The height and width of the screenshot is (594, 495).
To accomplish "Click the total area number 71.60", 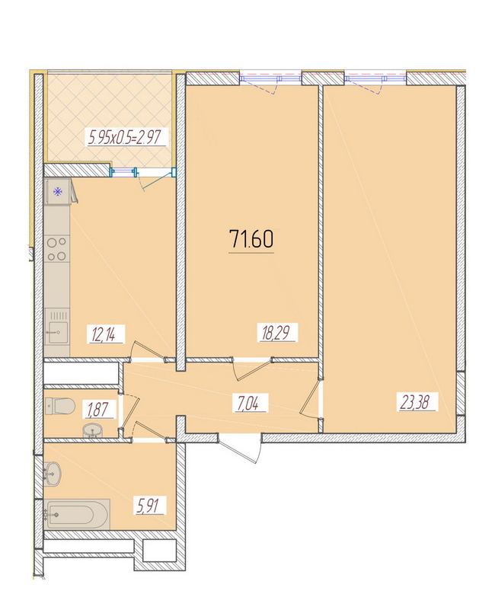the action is pyautogui.click(x=251, y=239).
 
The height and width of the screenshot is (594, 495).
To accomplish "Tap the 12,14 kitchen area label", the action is pyautogui.click(x=103, y=335).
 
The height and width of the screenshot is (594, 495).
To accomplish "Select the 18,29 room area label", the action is pyautogui.click(x=276, y=333).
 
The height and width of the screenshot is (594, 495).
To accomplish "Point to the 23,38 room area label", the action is pyautogui.click(x=414, y=402).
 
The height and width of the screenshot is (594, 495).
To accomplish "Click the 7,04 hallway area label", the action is pyautogui.click(x=248, y=403).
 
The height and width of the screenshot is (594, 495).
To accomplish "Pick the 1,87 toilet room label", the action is pyautogui.click(x=98, y=410).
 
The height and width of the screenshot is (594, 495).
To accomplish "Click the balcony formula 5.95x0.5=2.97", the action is pyautogui.click(x=125, y=137).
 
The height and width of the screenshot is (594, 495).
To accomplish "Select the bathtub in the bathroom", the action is pyautogui.click(x=77, y=515).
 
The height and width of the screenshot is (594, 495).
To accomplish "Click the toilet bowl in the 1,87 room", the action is pyautogui.click(x=60, y=406).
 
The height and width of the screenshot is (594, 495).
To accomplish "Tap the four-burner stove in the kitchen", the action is pyautogui.click(x=57, y=249).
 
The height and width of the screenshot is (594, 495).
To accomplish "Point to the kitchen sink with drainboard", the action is pyautogui.click(x=57, y=327).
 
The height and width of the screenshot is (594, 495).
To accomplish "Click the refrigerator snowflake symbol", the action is pyautogui.click(x=58, y=192).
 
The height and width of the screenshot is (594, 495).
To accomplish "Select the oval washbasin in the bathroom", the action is pyautogui.click(x=53, y=474).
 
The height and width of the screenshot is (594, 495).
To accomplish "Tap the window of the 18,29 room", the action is pyautogui.click(x=271, y=79).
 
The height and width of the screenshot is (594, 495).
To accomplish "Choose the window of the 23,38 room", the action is pyautogui.click(x=375, y=79).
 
